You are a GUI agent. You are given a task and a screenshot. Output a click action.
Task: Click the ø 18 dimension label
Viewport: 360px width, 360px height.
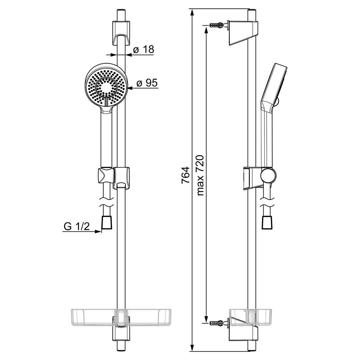click(143, 50)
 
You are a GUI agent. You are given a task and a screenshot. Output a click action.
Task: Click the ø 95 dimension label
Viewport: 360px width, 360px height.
click(147, 83)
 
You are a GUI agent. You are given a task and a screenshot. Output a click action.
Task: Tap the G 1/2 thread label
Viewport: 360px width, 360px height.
click(76, 226)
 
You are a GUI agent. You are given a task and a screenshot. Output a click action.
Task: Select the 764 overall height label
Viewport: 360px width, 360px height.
click(186, 175)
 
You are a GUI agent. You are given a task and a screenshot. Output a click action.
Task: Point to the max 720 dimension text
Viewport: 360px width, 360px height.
click(200, 175)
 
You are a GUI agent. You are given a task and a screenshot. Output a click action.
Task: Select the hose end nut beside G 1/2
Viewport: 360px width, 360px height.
click(107, 222)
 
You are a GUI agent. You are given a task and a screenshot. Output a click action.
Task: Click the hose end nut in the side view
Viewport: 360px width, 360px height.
click(267, 222)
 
